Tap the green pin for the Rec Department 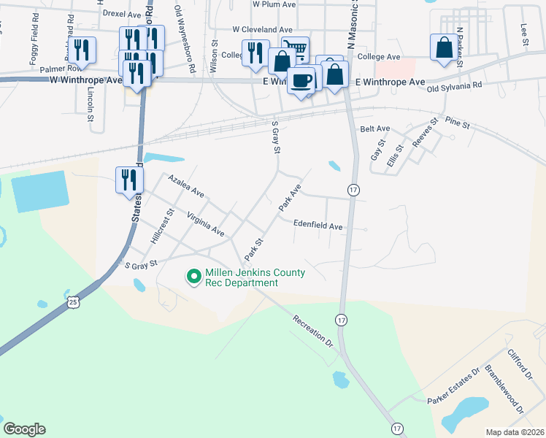(x=193, y=277)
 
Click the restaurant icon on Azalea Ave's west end (x=126, y=180)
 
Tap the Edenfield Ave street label (x=318, y=226)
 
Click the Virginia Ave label (x=205, y=225)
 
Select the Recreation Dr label (x=312, y=331)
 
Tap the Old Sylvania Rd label (x=455, y=85)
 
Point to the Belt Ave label (x=376, y=128)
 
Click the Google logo (x=24, y=429)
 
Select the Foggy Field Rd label (x=33, y=48)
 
